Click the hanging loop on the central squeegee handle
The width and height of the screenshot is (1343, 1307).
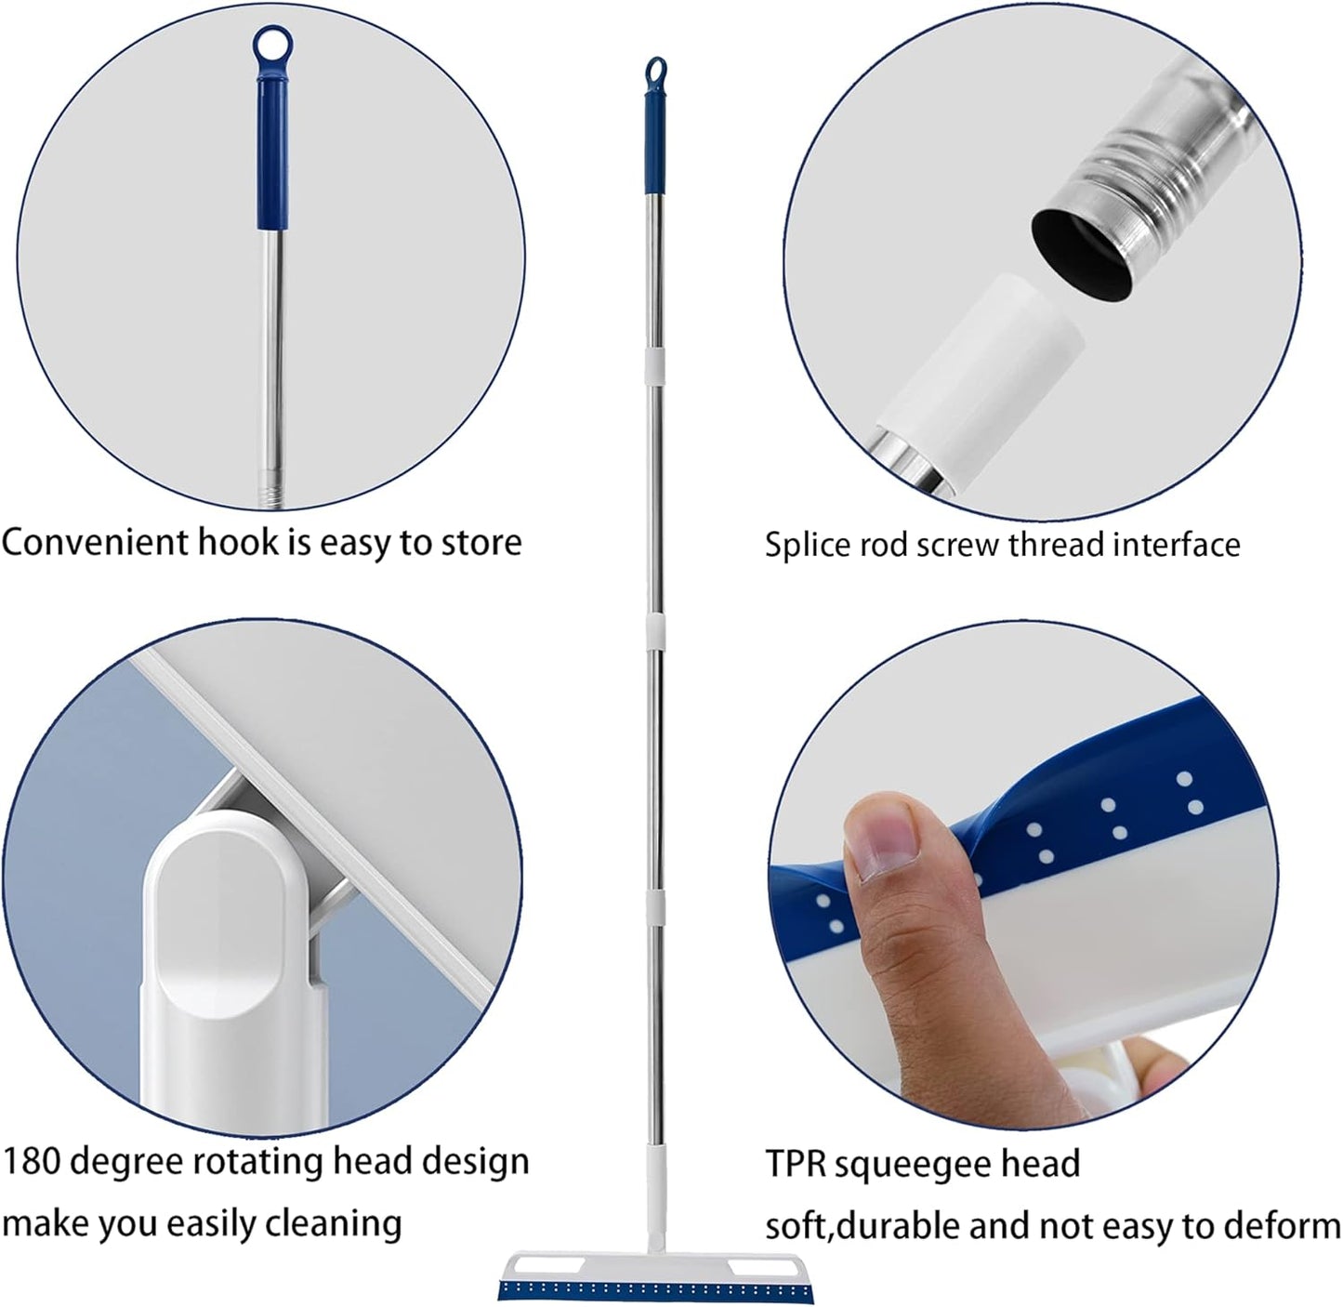tap(656, 69)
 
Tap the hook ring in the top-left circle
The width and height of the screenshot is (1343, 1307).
tap(272, 43)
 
